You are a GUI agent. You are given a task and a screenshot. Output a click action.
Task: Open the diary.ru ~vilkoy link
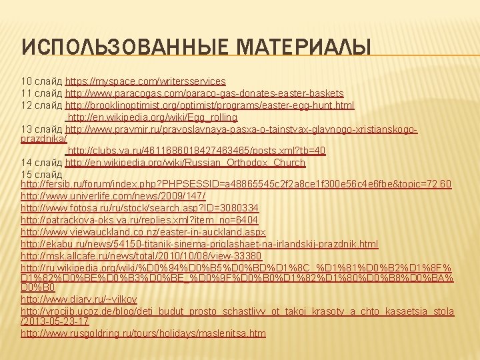80,299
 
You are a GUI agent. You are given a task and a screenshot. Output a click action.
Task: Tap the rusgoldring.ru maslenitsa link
143,333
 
